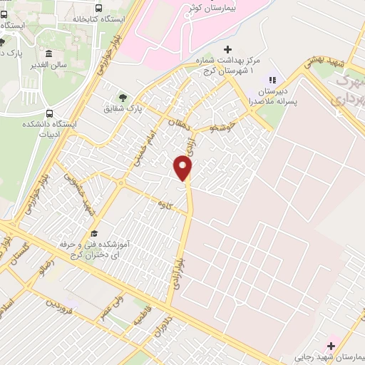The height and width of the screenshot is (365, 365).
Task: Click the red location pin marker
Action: point(184,168)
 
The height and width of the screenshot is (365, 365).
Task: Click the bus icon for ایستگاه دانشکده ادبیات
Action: point(49,113)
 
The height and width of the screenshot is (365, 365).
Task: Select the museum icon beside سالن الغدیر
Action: point(48,55)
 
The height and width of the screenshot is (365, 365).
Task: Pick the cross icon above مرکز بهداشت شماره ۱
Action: point(227,49)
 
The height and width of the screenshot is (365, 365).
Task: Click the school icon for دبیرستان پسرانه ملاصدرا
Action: point(271,79)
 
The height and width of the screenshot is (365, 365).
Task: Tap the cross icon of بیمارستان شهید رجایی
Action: point(330,345)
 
